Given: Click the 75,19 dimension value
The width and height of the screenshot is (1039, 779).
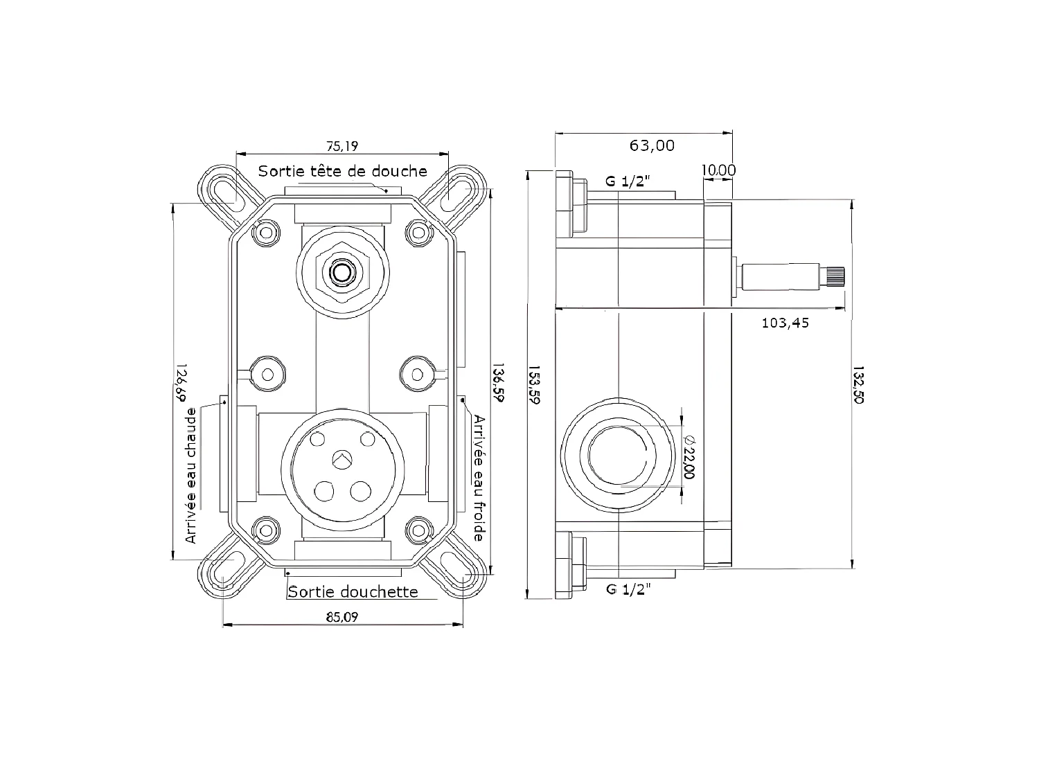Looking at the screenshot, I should coord(342,146).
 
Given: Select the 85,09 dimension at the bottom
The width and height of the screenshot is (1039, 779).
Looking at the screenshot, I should coord(342,617).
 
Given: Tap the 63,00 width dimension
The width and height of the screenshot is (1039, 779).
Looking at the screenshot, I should coord(651,145).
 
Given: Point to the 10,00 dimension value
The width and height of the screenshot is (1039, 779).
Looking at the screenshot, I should coord(718,170).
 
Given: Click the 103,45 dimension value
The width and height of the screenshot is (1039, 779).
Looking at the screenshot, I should coord(785,323).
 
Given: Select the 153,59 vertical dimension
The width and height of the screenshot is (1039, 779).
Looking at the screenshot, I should coord(534,384).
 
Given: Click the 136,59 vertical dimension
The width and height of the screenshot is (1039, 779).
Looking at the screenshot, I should coord(497,384).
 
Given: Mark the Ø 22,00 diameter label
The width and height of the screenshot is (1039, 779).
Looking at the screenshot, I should coord(689,457).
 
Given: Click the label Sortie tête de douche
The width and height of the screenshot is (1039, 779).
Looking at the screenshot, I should coord(342,171).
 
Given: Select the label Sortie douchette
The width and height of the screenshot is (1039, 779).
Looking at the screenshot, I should coord(353,591).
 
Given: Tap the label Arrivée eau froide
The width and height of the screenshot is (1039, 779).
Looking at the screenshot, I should coord(479,478).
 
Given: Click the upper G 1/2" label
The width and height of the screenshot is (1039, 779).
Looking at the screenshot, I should coord(628,182).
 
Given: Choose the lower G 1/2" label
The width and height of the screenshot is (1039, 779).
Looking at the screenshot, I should coord(628,589).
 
